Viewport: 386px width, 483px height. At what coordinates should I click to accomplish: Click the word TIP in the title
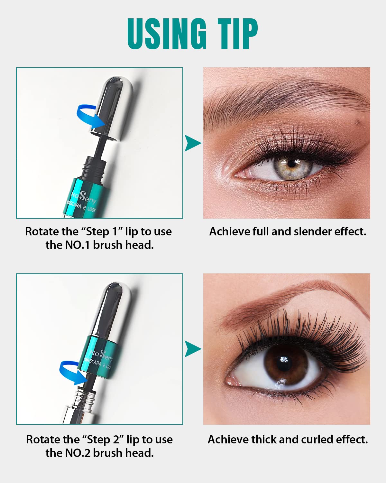click(238, 34)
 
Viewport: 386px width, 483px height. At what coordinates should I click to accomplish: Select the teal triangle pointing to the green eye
click(193, 143)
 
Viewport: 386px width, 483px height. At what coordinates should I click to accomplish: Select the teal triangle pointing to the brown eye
click(193, 349)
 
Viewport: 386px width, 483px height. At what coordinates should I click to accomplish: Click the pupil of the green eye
click(291, 163)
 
